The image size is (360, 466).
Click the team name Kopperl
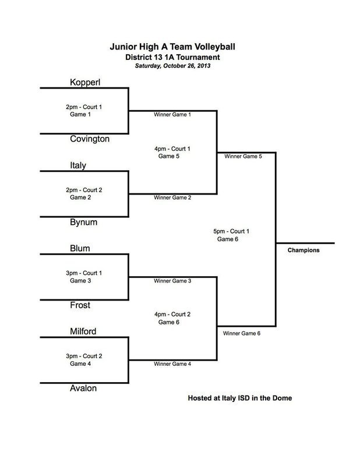click(x=85, y=82)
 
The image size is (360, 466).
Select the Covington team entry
click(x=90, y=139)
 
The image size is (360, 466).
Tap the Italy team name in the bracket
click(x=77, y=165)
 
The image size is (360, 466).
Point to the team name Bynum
click(x=83, y=222)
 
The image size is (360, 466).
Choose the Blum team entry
click(x=80, y=248)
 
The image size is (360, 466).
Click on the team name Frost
click(x=80, y=305)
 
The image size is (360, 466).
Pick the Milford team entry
click(x=83, y=331)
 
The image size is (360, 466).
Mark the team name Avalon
click(x=83, y=388)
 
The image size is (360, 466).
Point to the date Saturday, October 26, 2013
click(x=172, y=66)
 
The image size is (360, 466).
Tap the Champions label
click(x=303, y=250)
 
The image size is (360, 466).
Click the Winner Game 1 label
click(x=172, y=115)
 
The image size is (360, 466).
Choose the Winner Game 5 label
click(x=243, y=156)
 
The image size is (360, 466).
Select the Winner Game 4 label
click(x=172, y=364)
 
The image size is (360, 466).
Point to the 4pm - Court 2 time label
click(x=172, y=314)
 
